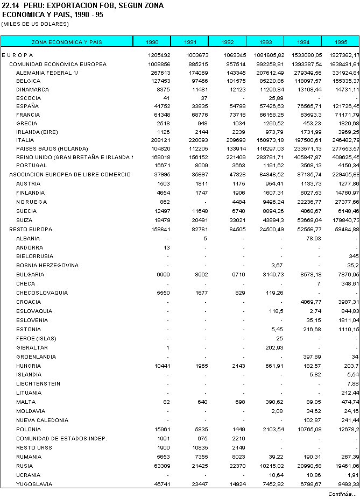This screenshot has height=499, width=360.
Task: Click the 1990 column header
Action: pyautogui.click(x=152, y=42)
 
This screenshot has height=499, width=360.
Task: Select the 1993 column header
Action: pyautogui.click(x=265, y=42)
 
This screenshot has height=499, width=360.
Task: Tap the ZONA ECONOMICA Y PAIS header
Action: pyautogui.click(x=67, y=42)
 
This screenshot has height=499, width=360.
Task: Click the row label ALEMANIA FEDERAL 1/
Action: pyautogui.click(x=47, y=73)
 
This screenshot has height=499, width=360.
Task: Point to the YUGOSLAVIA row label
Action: pyautogui.click(x=34, y=484)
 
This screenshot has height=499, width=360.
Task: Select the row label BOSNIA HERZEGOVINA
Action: pyautogui.click(x=47, y=265)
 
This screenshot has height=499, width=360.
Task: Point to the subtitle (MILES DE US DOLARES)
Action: pyautogui.click(x=35, y=24)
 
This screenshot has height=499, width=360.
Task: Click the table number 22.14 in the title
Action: pyautogui.click(x=10, y=5)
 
